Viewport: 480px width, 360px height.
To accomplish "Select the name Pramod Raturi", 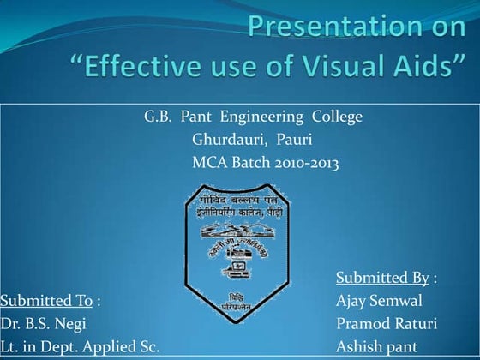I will click(387, 324).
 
